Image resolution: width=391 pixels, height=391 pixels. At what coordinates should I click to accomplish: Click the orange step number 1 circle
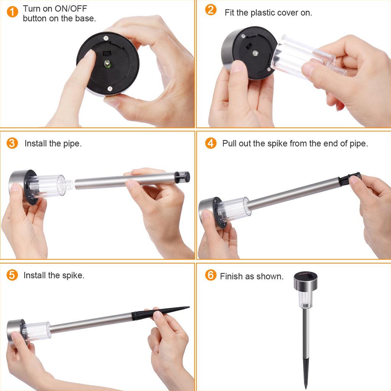tap(12, 12)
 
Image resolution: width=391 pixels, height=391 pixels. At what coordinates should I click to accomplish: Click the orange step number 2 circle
tap(211, 10)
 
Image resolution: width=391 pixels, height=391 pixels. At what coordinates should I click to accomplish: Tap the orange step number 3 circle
tap(12, 143)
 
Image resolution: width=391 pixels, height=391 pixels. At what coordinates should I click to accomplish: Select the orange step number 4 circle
tap(211, 143)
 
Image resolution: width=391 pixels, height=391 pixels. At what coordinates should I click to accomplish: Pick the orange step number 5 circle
tap(12, 275)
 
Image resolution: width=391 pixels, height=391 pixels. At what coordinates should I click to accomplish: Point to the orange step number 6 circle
tap(211, 275)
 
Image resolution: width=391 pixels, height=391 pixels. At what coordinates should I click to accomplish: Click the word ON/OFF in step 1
tap(71, 8)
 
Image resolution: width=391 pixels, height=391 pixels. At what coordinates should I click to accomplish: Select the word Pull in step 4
tap(229, 143)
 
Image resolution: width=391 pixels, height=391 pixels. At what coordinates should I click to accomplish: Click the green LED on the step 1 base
tap(107, 64)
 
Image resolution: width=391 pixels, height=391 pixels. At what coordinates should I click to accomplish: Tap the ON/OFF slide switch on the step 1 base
tap(107, 53)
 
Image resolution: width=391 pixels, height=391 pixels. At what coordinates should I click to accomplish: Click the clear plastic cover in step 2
tap(308, 57)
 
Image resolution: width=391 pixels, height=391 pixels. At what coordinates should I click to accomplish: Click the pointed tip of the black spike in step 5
tap(189, 307)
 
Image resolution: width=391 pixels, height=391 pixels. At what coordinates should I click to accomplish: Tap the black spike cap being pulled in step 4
tap(350, 178)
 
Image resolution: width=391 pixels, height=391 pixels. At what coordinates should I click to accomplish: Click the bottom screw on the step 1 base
tap(110, 89)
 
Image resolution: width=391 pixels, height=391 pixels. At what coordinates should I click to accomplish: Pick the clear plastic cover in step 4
tap(233, 209)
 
